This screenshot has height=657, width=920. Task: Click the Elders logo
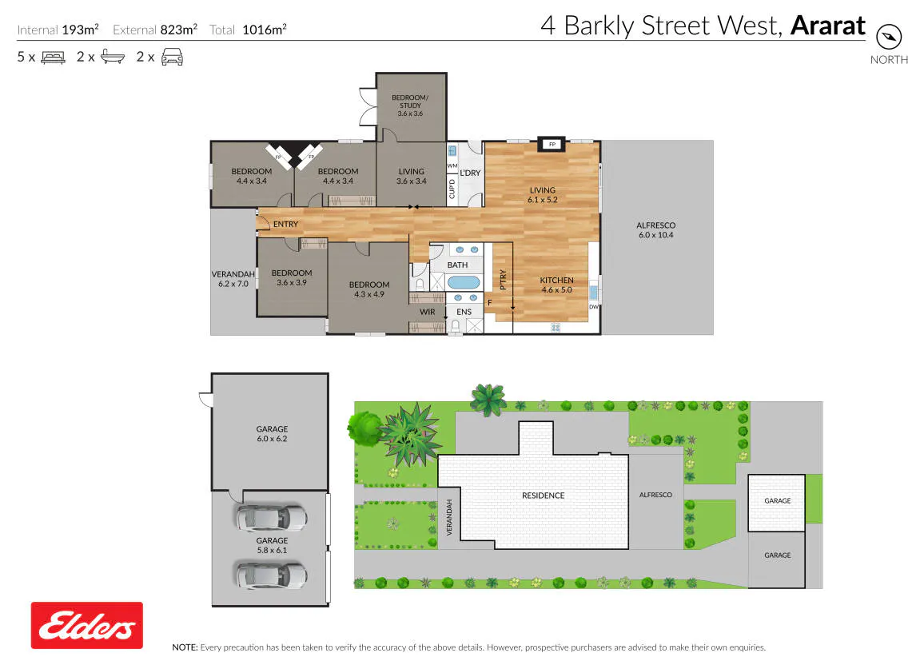tap(87, 625)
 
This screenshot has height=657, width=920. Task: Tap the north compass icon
tap(888, 37)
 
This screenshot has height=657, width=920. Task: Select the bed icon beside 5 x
tap(54, 57)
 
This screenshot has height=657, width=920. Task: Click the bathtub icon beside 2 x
tap(113, 56)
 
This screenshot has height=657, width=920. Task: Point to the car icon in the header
tap(172, 57)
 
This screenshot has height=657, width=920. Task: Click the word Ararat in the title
tap(828, 26)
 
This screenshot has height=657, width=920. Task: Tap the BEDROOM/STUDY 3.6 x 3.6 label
tap(410, 106)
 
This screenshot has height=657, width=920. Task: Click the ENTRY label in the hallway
tap(285, 224)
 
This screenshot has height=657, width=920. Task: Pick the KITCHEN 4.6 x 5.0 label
tap(557, 285)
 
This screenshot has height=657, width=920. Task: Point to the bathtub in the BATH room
tap(464, 283)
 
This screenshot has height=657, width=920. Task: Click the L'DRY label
tap(470, 173)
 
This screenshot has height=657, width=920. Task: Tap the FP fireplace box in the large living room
tap(552, 145)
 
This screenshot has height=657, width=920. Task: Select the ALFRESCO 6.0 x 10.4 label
tap(656, 230)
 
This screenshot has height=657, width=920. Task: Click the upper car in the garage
tap(271, 518)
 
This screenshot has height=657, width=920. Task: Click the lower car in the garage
tap(271, 575)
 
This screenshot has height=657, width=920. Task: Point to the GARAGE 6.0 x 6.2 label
tap(273, 433)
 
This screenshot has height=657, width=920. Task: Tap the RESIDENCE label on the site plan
tap(544, 496)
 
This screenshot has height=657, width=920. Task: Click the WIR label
tap(427, 312)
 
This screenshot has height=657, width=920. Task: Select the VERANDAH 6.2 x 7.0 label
tap(233, 279)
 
